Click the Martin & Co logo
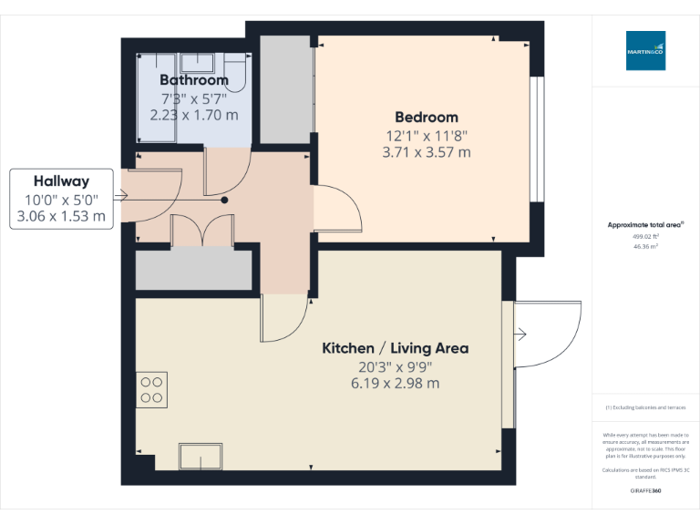[x=645, y=51]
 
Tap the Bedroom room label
[x=426, y=117]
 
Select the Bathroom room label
[x=194, y=80]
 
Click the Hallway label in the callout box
[x=61, y=180]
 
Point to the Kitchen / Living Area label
[x=396, y=348]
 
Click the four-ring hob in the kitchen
[x=151, y=390]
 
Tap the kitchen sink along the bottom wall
[x=201, y=455]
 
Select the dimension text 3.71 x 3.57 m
[x=426, y=152]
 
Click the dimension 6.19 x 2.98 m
[x=396, y=384]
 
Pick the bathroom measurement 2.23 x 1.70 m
[x=194, y=115]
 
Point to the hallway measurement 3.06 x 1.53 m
[x=61, y=216]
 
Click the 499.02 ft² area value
[x=645, y=235]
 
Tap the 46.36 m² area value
[x=645, y=246]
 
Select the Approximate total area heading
[x=645, y=224]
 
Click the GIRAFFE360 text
[x=645, y=491]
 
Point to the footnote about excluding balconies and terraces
[x=645, y=407]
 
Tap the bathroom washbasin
[x=197, y=64]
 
